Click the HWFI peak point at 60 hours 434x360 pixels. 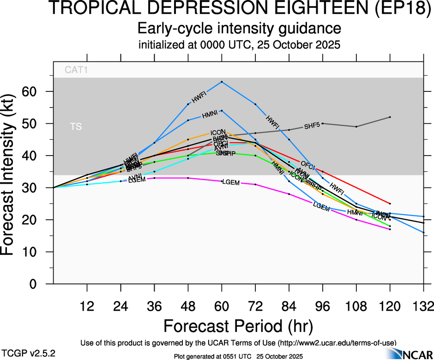click(222, 82)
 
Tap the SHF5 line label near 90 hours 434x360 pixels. click(312, 126)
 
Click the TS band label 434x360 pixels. click(76, 126)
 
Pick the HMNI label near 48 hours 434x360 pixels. click(210, 114)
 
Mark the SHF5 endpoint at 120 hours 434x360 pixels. click(390, 117)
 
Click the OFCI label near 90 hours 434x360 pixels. click(307, 164)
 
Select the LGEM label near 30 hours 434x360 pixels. click(137, 180)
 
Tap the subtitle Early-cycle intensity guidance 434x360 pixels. click(239, 29)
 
